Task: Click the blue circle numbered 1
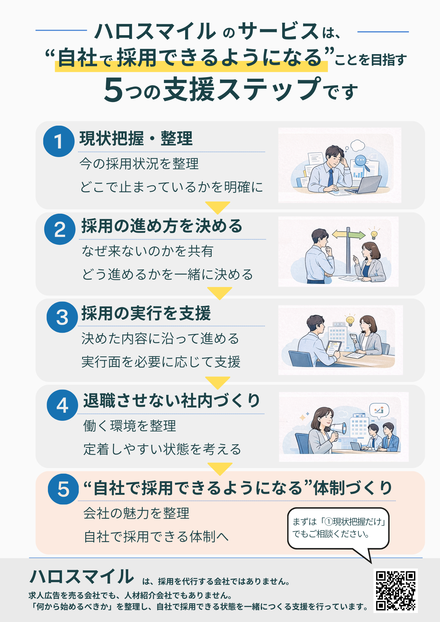(x=59, y=141)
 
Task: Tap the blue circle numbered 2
(x=60, y=229)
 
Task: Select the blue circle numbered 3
(x=62, y=317)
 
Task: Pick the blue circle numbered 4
(x=62, y=405)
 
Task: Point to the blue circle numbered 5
(x=63, y=489)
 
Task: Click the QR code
(x=396, y=591)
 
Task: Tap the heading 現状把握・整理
(x=136, y=139)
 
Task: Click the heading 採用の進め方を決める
(x=162, y=226)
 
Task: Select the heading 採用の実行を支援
(x=146, y=313)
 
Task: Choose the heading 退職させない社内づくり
(x=171, y=401)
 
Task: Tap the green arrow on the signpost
(x=357, y=235)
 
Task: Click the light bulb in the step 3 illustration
(x=350, y=320)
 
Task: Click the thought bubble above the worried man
(x=357, y=145)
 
